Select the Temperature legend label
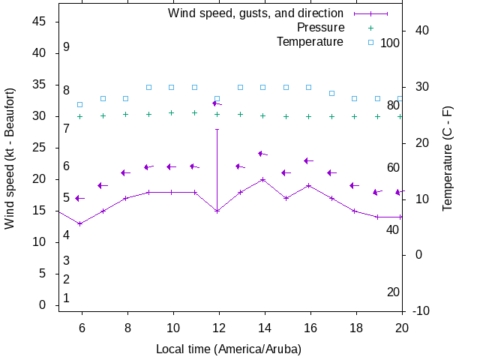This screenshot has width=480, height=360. [310, 41]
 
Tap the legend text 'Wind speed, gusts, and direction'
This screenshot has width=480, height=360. [256, 13]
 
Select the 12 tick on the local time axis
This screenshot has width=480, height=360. [218, 328]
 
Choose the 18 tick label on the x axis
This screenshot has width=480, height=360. [355, 328]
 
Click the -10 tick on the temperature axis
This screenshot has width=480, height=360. [421, 310]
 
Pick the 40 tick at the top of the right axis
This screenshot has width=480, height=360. [421, 31]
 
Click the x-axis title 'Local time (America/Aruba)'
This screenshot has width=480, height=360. [229, 349]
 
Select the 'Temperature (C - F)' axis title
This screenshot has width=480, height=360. [448, 159]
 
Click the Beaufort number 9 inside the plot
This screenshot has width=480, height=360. [67, 47]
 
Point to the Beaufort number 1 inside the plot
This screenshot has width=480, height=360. [67, 298]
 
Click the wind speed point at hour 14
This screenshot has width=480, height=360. [263, 179]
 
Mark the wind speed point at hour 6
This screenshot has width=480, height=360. [80, 223]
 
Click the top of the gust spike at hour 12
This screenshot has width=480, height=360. [217, 129]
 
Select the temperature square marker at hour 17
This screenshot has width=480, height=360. [331, 93]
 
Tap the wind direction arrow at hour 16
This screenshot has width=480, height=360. [308, 160]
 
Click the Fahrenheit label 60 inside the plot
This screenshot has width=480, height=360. [393, 167]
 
